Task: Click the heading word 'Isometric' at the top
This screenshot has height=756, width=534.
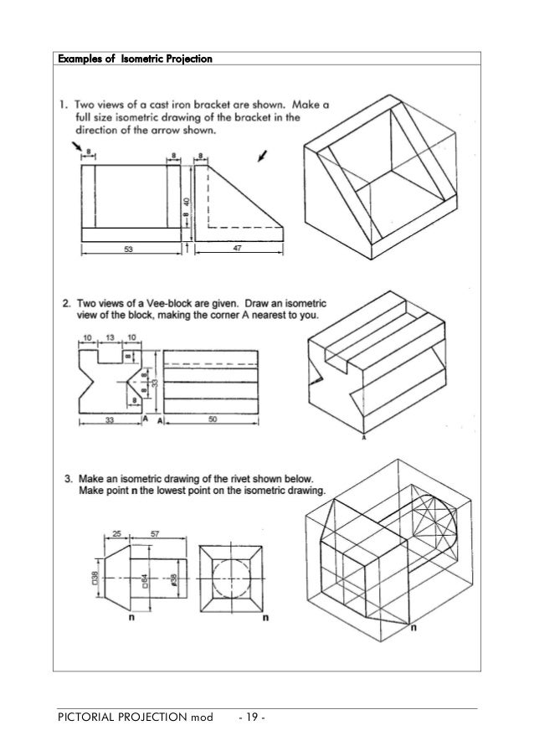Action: pyautogui.click(x=126, y=59)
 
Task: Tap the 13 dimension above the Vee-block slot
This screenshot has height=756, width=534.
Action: pyautogui.click(x=110, y=338)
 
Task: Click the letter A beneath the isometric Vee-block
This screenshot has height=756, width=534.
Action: pyautogui.click(x=363, y=435)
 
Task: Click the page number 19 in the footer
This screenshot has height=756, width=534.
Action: pyautogui.click(x=250, y=717)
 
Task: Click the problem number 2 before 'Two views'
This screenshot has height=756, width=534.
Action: pyautogui.click(x=67, y=301)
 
